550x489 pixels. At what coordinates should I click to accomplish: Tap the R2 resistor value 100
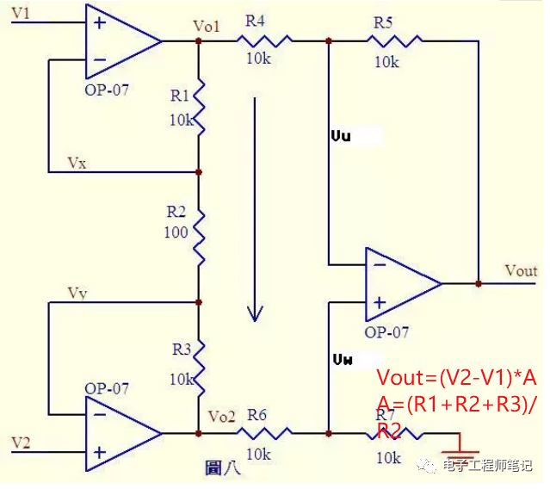point(176,233)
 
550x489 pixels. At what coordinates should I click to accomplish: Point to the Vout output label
point(521,270)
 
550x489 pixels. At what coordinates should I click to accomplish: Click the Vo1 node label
point(207,25)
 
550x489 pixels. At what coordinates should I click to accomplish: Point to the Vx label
point(77,163)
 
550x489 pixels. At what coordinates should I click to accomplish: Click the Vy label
point(77,294)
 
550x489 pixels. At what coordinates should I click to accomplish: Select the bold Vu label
point(341,136)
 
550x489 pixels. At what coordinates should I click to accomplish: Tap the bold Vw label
point(342,357)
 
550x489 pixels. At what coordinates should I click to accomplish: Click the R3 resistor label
point(181,349)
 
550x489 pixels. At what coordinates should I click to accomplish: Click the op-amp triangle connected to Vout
point(398,282)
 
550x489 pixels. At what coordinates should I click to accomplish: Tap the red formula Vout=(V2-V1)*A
point(457,379)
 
